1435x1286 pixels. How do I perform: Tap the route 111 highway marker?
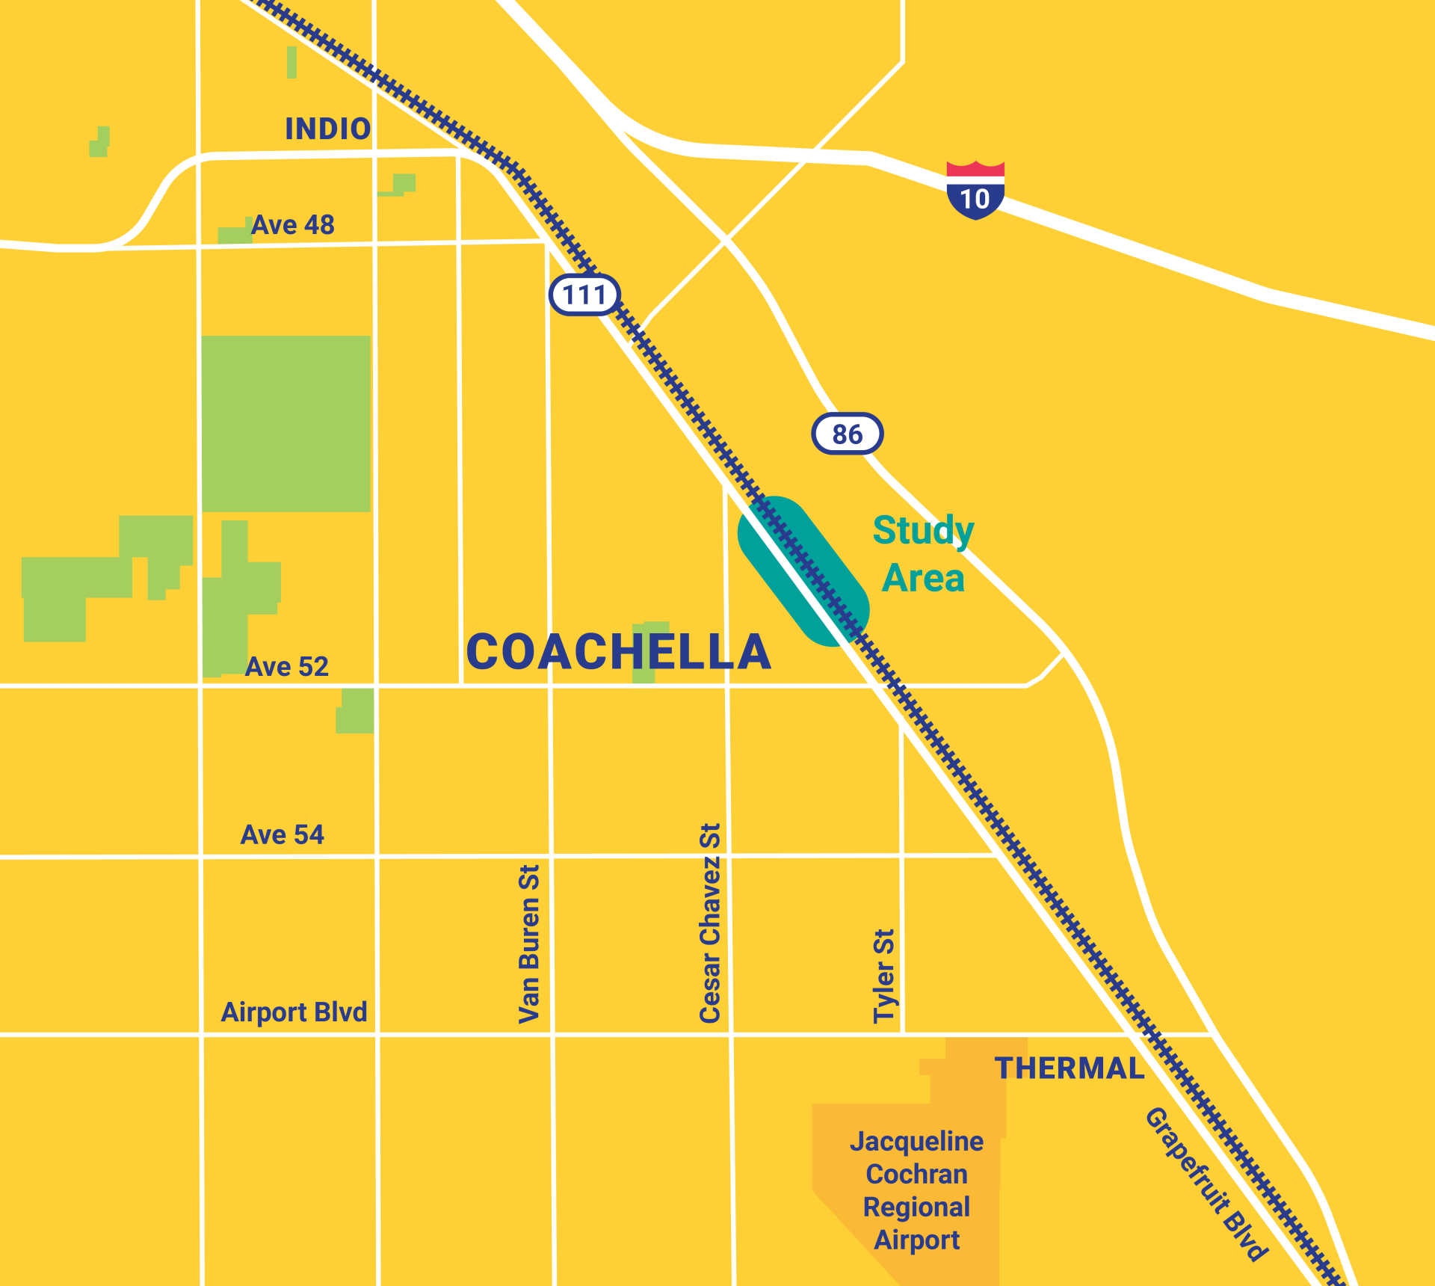coord(584,295)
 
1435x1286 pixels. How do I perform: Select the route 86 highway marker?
coord(848,434)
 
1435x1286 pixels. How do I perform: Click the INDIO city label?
coord(328,129)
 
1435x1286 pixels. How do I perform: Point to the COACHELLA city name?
coord(618,652)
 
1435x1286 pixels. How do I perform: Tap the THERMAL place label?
coord(1070,1068)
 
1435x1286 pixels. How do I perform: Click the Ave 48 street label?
coord(292,225)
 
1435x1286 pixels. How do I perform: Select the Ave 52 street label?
coord(287,667)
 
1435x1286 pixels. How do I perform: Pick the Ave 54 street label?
coord(283,834)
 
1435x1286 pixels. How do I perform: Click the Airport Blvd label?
coord(294,1012)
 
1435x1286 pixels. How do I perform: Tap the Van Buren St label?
coord(529,944)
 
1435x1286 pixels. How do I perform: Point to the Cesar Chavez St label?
coord(710,923)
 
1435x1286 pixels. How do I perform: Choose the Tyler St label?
coord(884,976)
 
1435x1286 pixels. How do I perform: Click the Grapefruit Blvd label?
coord(1206,1184)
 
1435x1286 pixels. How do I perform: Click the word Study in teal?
coord(924,531)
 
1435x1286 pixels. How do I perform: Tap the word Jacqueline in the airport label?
coord(917,1142)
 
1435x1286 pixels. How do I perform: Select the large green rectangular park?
coord(286,424)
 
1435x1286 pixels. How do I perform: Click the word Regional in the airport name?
coord(916,1207)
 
